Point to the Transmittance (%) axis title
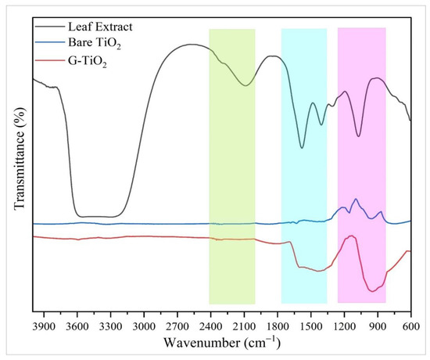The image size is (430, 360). pos(17,164)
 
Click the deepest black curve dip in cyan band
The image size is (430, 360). pos(302,147)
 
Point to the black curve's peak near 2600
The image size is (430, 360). pos(192,44)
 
